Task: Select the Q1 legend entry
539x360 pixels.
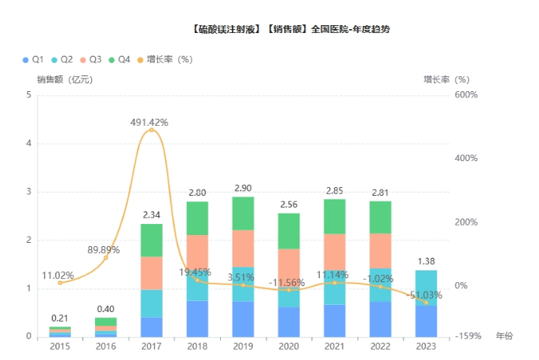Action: point(32,59)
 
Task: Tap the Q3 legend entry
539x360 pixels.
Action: point(90,59)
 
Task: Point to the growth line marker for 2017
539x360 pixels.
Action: point(151,130)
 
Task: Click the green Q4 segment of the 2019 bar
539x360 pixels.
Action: point(243,213)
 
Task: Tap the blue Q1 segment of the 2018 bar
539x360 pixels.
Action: point(197,318)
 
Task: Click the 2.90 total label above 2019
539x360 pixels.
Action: point(243,189)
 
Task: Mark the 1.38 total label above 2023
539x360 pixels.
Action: point(427,262)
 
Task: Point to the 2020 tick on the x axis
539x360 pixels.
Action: point(288,346)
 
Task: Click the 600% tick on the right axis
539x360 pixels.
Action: point(467,95)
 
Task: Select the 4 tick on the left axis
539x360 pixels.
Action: point(29,143)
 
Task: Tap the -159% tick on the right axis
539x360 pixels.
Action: point(467,336)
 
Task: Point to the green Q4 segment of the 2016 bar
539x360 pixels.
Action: point(105,321)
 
